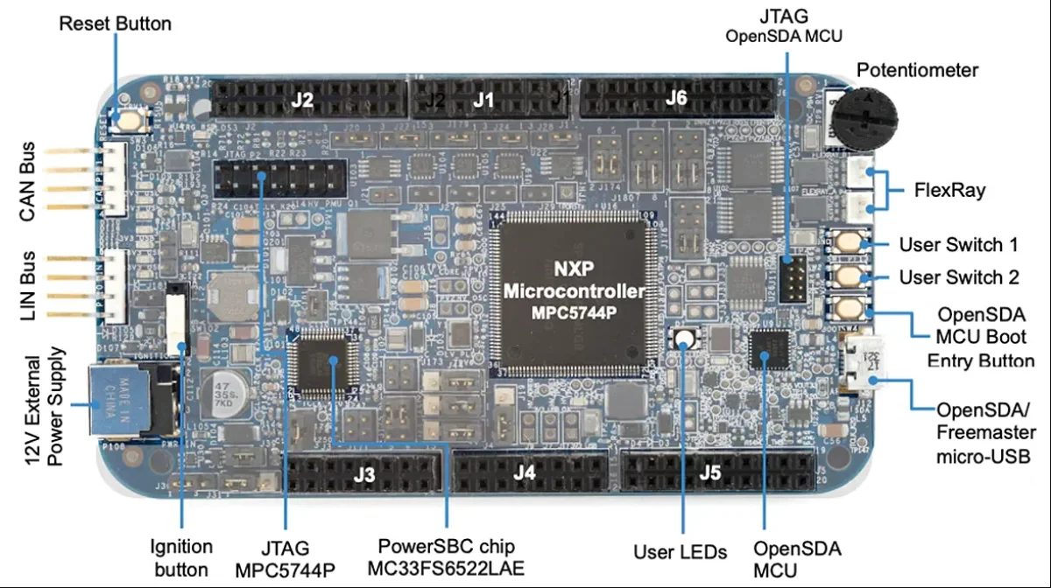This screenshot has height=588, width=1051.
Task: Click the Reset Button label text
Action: coord(115,23)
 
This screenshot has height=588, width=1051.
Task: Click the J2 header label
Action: coord(302,99)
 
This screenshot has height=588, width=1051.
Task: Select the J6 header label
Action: coord(675,98)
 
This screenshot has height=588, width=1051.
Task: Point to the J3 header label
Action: coord(364,475)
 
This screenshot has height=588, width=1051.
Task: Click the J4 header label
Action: coord(524,473)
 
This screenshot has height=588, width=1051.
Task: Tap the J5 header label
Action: coord(710,473)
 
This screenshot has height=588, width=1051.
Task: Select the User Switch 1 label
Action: coord(958,244)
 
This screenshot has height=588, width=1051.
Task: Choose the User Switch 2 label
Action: coord(959,277)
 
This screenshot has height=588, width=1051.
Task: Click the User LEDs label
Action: coord(680,552)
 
